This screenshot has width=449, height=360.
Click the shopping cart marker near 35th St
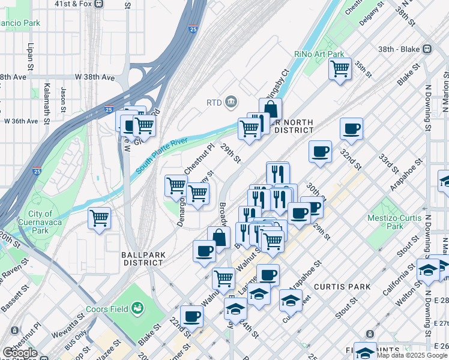tap(340, 69)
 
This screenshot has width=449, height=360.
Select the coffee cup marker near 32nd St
tap(351, 128)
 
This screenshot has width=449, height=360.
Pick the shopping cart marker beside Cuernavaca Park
tap(99, 217)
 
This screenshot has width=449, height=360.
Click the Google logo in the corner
tap(19, 353)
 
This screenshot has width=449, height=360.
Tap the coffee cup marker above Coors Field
tap(204, 250)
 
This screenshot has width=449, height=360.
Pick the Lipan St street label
tap(30, 55)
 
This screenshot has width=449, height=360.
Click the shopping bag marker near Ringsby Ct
tap(271, 109)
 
